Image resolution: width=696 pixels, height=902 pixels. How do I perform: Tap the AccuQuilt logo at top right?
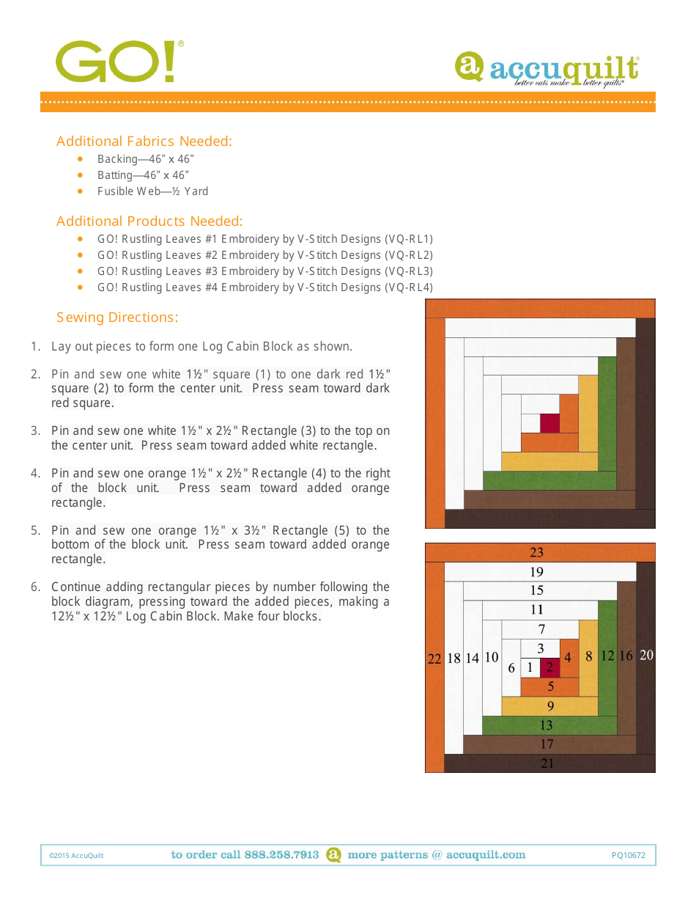[547, 70]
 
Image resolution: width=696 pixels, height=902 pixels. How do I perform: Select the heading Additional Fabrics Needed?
[144, 141]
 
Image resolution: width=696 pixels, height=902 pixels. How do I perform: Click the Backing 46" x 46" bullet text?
[145, 159]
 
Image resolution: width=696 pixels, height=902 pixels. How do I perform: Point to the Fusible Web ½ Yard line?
[152, 191]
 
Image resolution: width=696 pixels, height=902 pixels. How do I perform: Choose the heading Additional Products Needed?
[149, 221]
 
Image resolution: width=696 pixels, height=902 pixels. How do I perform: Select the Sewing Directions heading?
[117, 317]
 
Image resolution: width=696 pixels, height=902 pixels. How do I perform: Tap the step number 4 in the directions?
[34, 473]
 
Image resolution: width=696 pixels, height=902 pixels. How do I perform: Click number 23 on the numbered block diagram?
[536, 552]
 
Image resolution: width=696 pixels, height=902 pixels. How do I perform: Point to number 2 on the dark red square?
[549, 668]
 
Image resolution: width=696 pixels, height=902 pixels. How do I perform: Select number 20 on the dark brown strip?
[645, 656]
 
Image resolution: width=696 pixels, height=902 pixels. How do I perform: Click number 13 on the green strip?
[546, 725]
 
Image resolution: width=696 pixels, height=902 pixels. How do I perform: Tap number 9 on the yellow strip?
[550, 706]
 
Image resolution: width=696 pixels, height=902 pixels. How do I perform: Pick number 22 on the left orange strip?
[434, 659]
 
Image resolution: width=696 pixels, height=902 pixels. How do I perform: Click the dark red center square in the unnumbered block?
[549, 423]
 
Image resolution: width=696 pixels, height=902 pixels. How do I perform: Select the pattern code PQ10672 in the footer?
[629, 855]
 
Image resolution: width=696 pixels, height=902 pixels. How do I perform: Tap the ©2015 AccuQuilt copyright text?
[76, 855]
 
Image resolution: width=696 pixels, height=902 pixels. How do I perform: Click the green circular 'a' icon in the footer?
[333, 854]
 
